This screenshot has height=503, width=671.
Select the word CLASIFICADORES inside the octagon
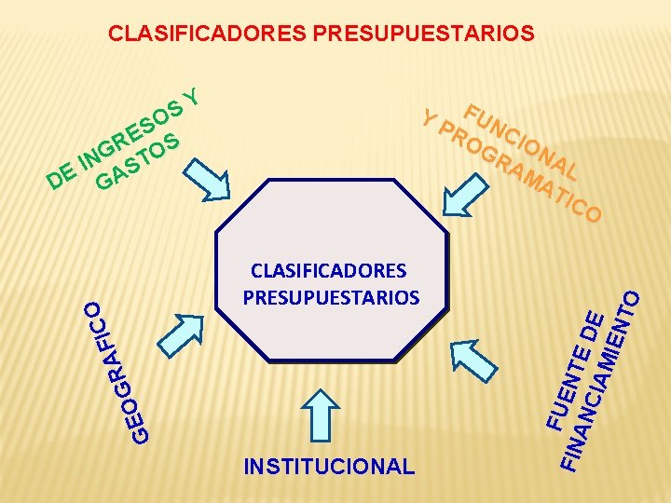click(x=328, y=271)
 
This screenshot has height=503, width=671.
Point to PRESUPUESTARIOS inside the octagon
click(x=331, y=297)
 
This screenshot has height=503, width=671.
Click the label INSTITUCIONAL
click(x=328, y=466)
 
